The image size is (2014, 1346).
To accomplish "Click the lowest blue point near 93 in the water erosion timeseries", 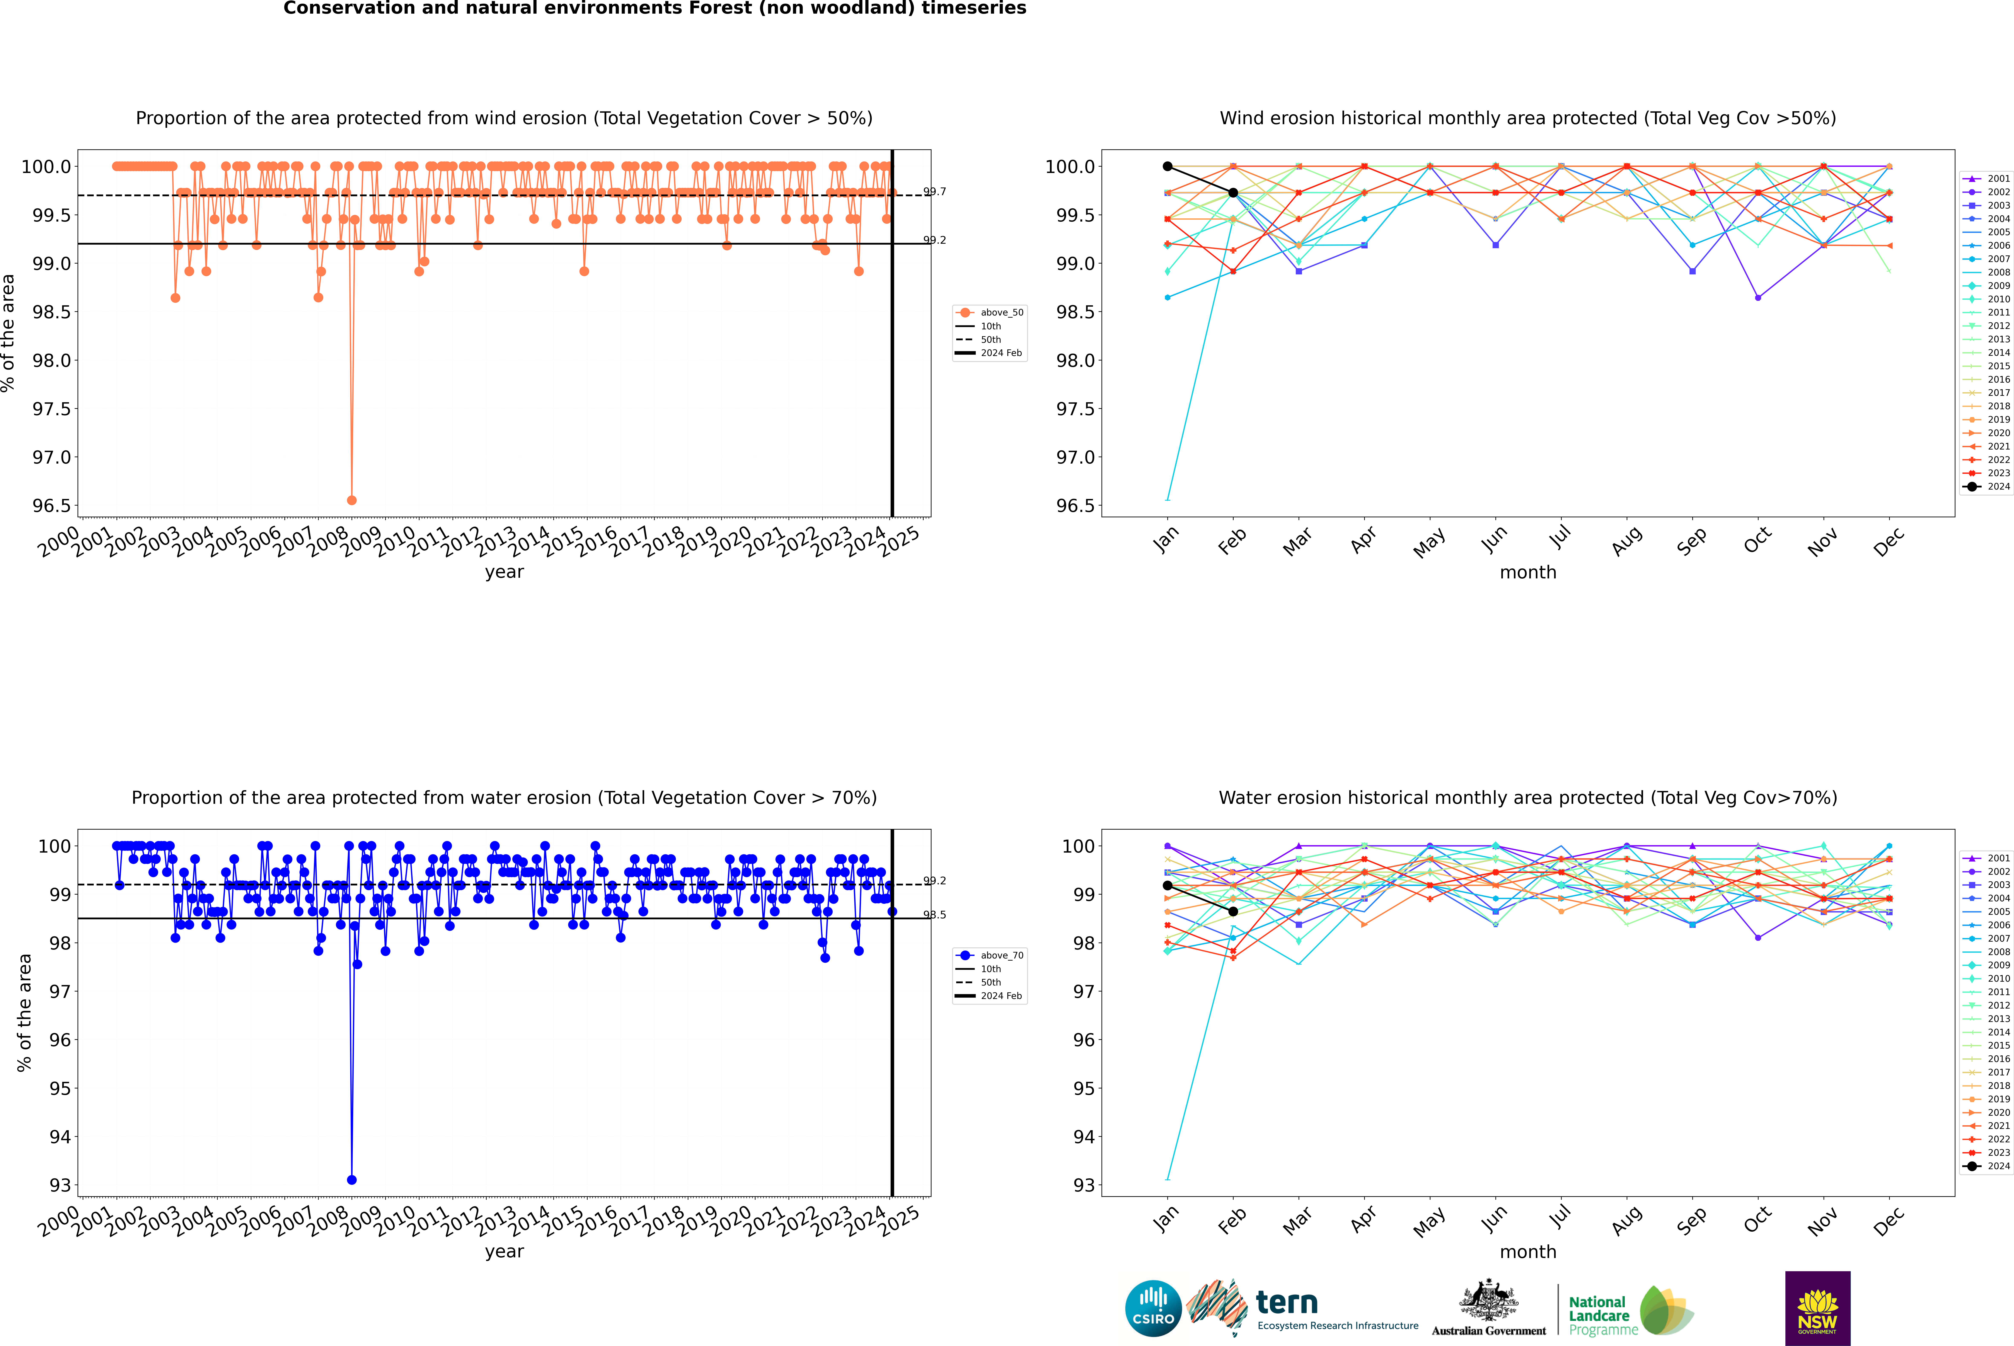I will click(351, 1179).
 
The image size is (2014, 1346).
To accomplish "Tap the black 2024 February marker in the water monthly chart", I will click(1233, 911).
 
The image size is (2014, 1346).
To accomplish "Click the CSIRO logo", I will click(1153, 1308).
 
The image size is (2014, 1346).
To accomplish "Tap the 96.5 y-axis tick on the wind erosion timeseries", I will click(52, 506).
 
